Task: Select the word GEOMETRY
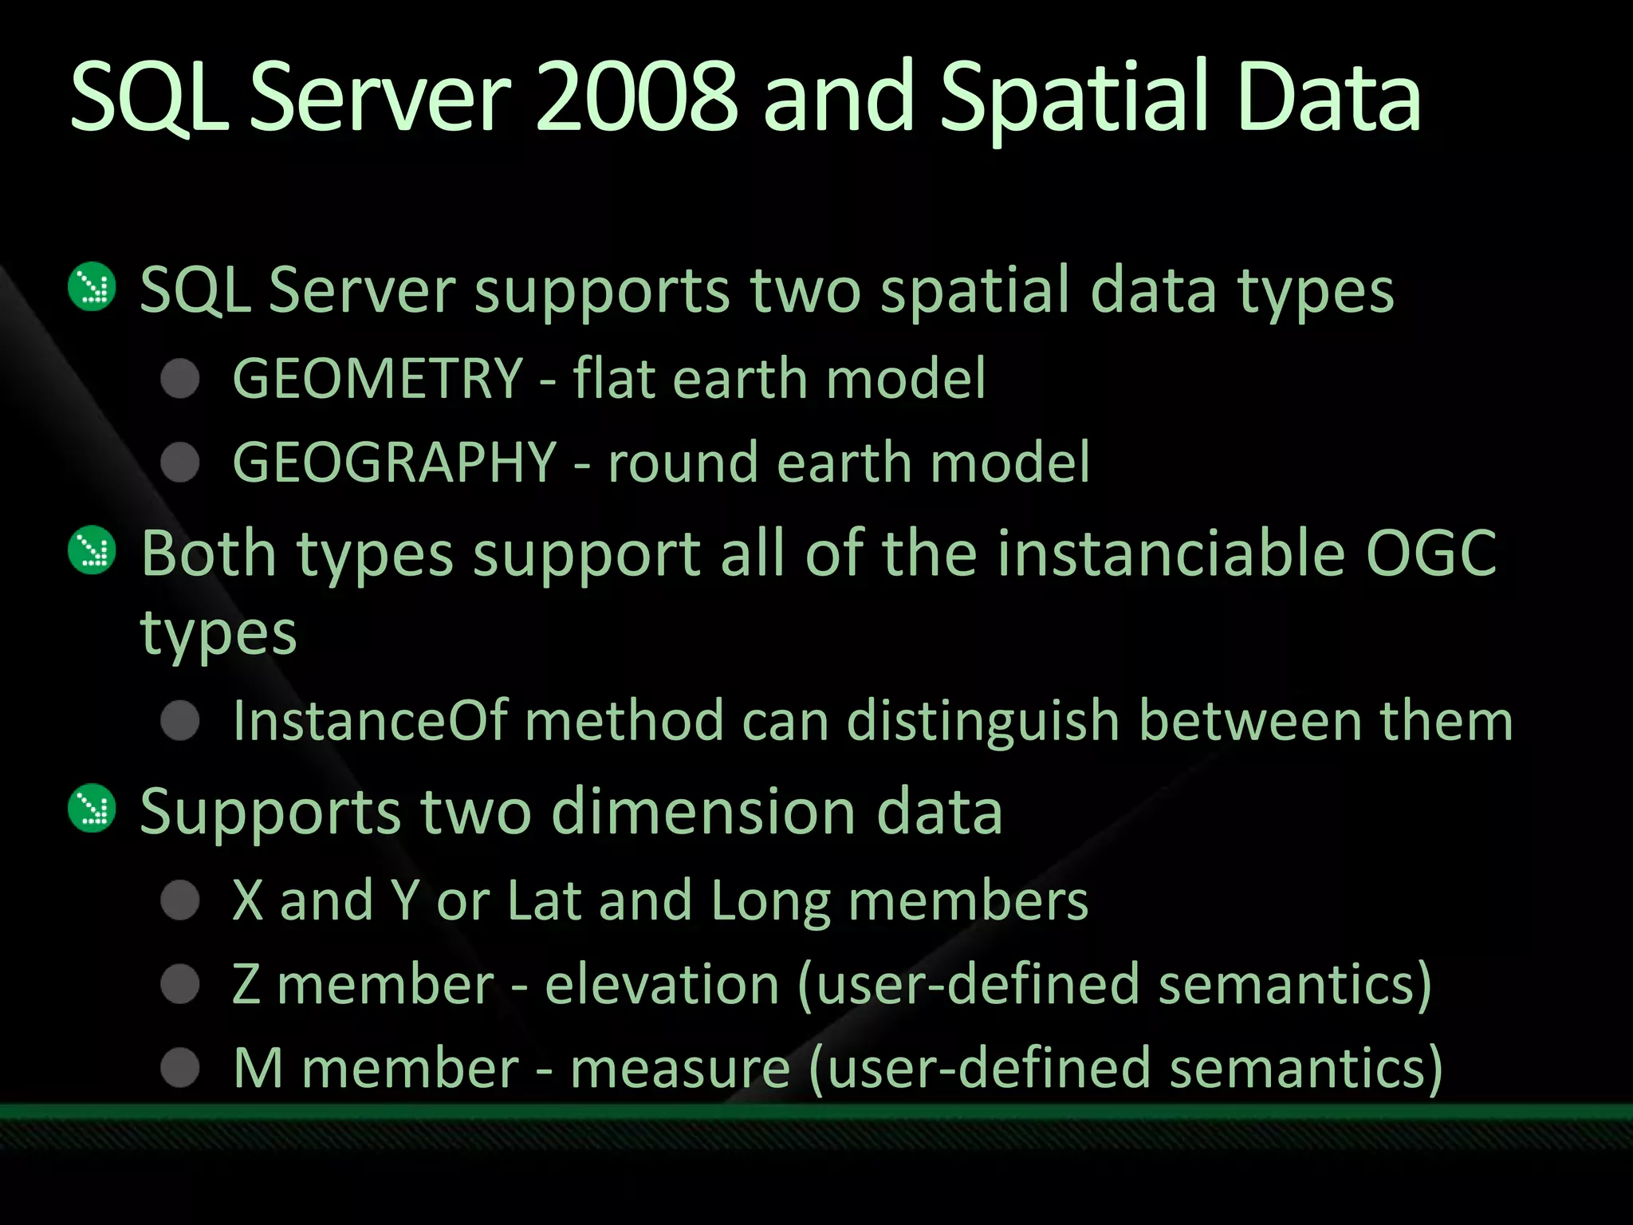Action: [x=377, y=378]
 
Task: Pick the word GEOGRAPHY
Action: [x=394, y=463]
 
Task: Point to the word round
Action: [x=683, y=463]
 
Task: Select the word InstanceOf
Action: [x=370, y=721]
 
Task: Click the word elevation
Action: [x=662, y=984]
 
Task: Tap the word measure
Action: [x=680, y=1068]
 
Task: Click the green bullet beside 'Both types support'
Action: [x=92, y=550]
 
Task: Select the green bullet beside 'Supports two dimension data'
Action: [x=92, y=809]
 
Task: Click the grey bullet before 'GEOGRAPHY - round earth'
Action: [x=180, y=463]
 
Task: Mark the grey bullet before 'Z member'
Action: [x=180, y=984]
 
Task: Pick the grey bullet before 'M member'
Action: [x=180, y=1068]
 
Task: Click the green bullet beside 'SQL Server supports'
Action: [x=92, y=286]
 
